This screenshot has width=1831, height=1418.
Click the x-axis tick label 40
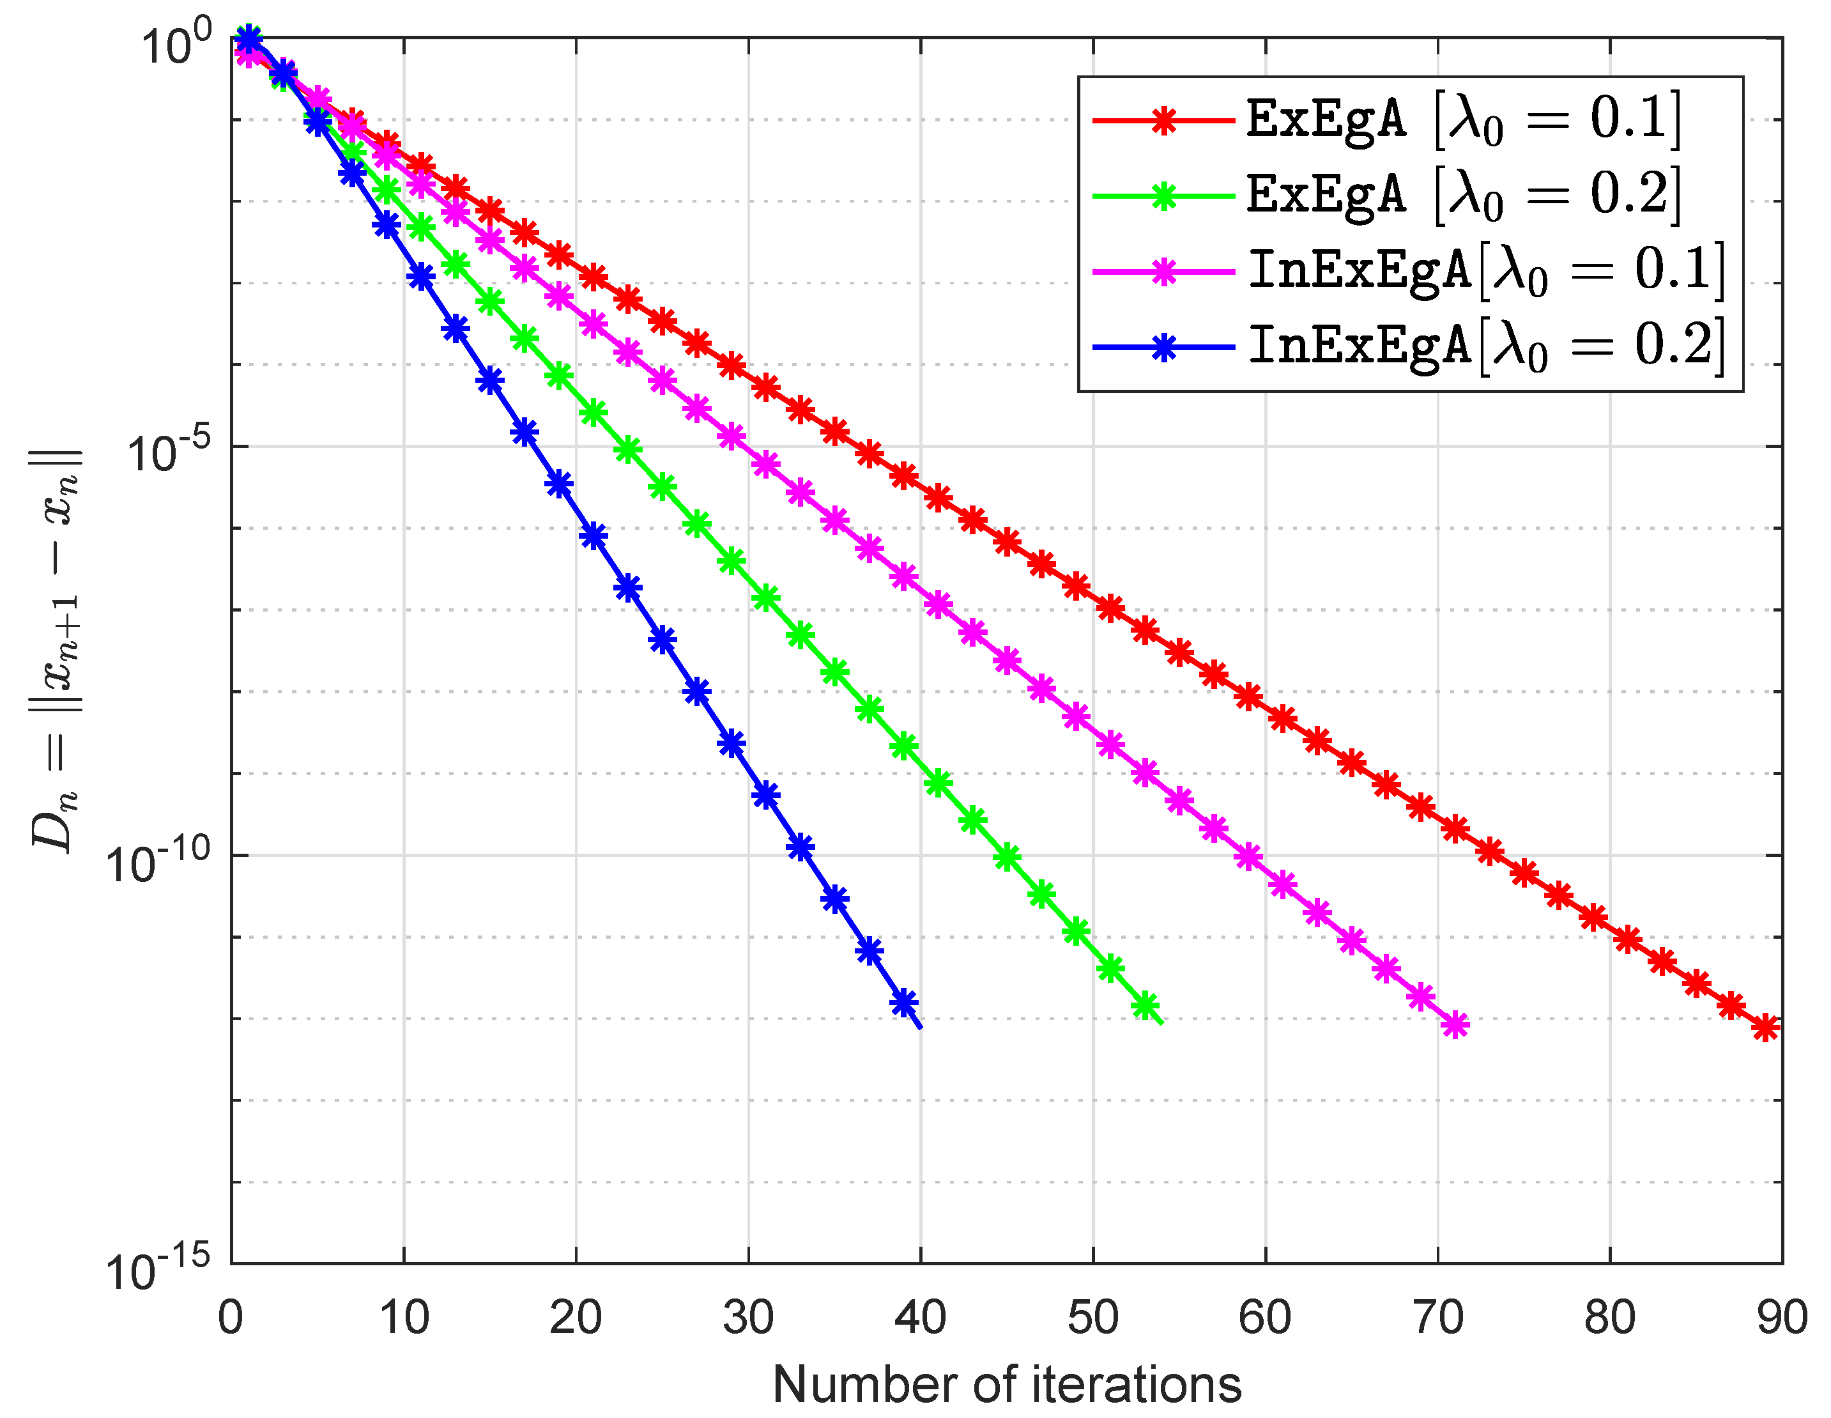pyautogui.click(x=920, y=1318)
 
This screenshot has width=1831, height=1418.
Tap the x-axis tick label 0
pyautogui.click(x=231, y=1318)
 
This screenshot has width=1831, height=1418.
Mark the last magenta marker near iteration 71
pyautogui.click(x=1456, y=1024)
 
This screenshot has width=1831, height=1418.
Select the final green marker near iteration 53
pyautogui.click(x=1145, y=1005)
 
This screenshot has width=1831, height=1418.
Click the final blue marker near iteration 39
pyautogui.click(x=904, y=1002)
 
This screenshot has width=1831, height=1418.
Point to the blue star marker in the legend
pyautogui.click(x=1163, y=347)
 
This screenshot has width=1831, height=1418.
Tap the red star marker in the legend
pyautogui.click(x=1163, y=121)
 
